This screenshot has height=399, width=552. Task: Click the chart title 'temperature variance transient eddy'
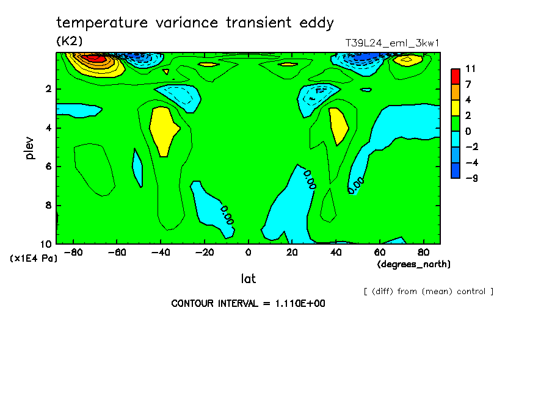[x=195, y=23]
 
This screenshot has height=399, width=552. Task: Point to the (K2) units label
[x=69, y=41]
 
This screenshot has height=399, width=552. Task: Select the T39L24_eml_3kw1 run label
[x=393, y=43]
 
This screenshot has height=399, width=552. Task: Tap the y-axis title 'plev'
[x=30, y=148]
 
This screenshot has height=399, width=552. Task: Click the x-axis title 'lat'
[x=248, y=279]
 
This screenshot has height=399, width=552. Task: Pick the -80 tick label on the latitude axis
[x=73, y=251]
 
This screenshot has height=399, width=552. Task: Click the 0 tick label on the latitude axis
[x=248, y=251]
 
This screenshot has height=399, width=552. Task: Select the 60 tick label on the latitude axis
[x=379, y=251]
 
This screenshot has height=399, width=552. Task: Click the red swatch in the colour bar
[x=456, y=76]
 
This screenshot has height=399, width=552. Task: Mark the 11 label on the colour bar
[x=470, y=68]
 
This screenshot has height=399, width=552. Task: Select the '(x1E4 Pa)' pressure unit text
[x=34, y=259]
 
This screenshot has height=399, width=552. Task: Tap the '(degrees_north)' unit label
[x=414, y=264]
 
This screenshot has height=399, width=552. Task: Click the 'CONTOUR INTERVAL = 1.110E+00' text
[x=248, y=303]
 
